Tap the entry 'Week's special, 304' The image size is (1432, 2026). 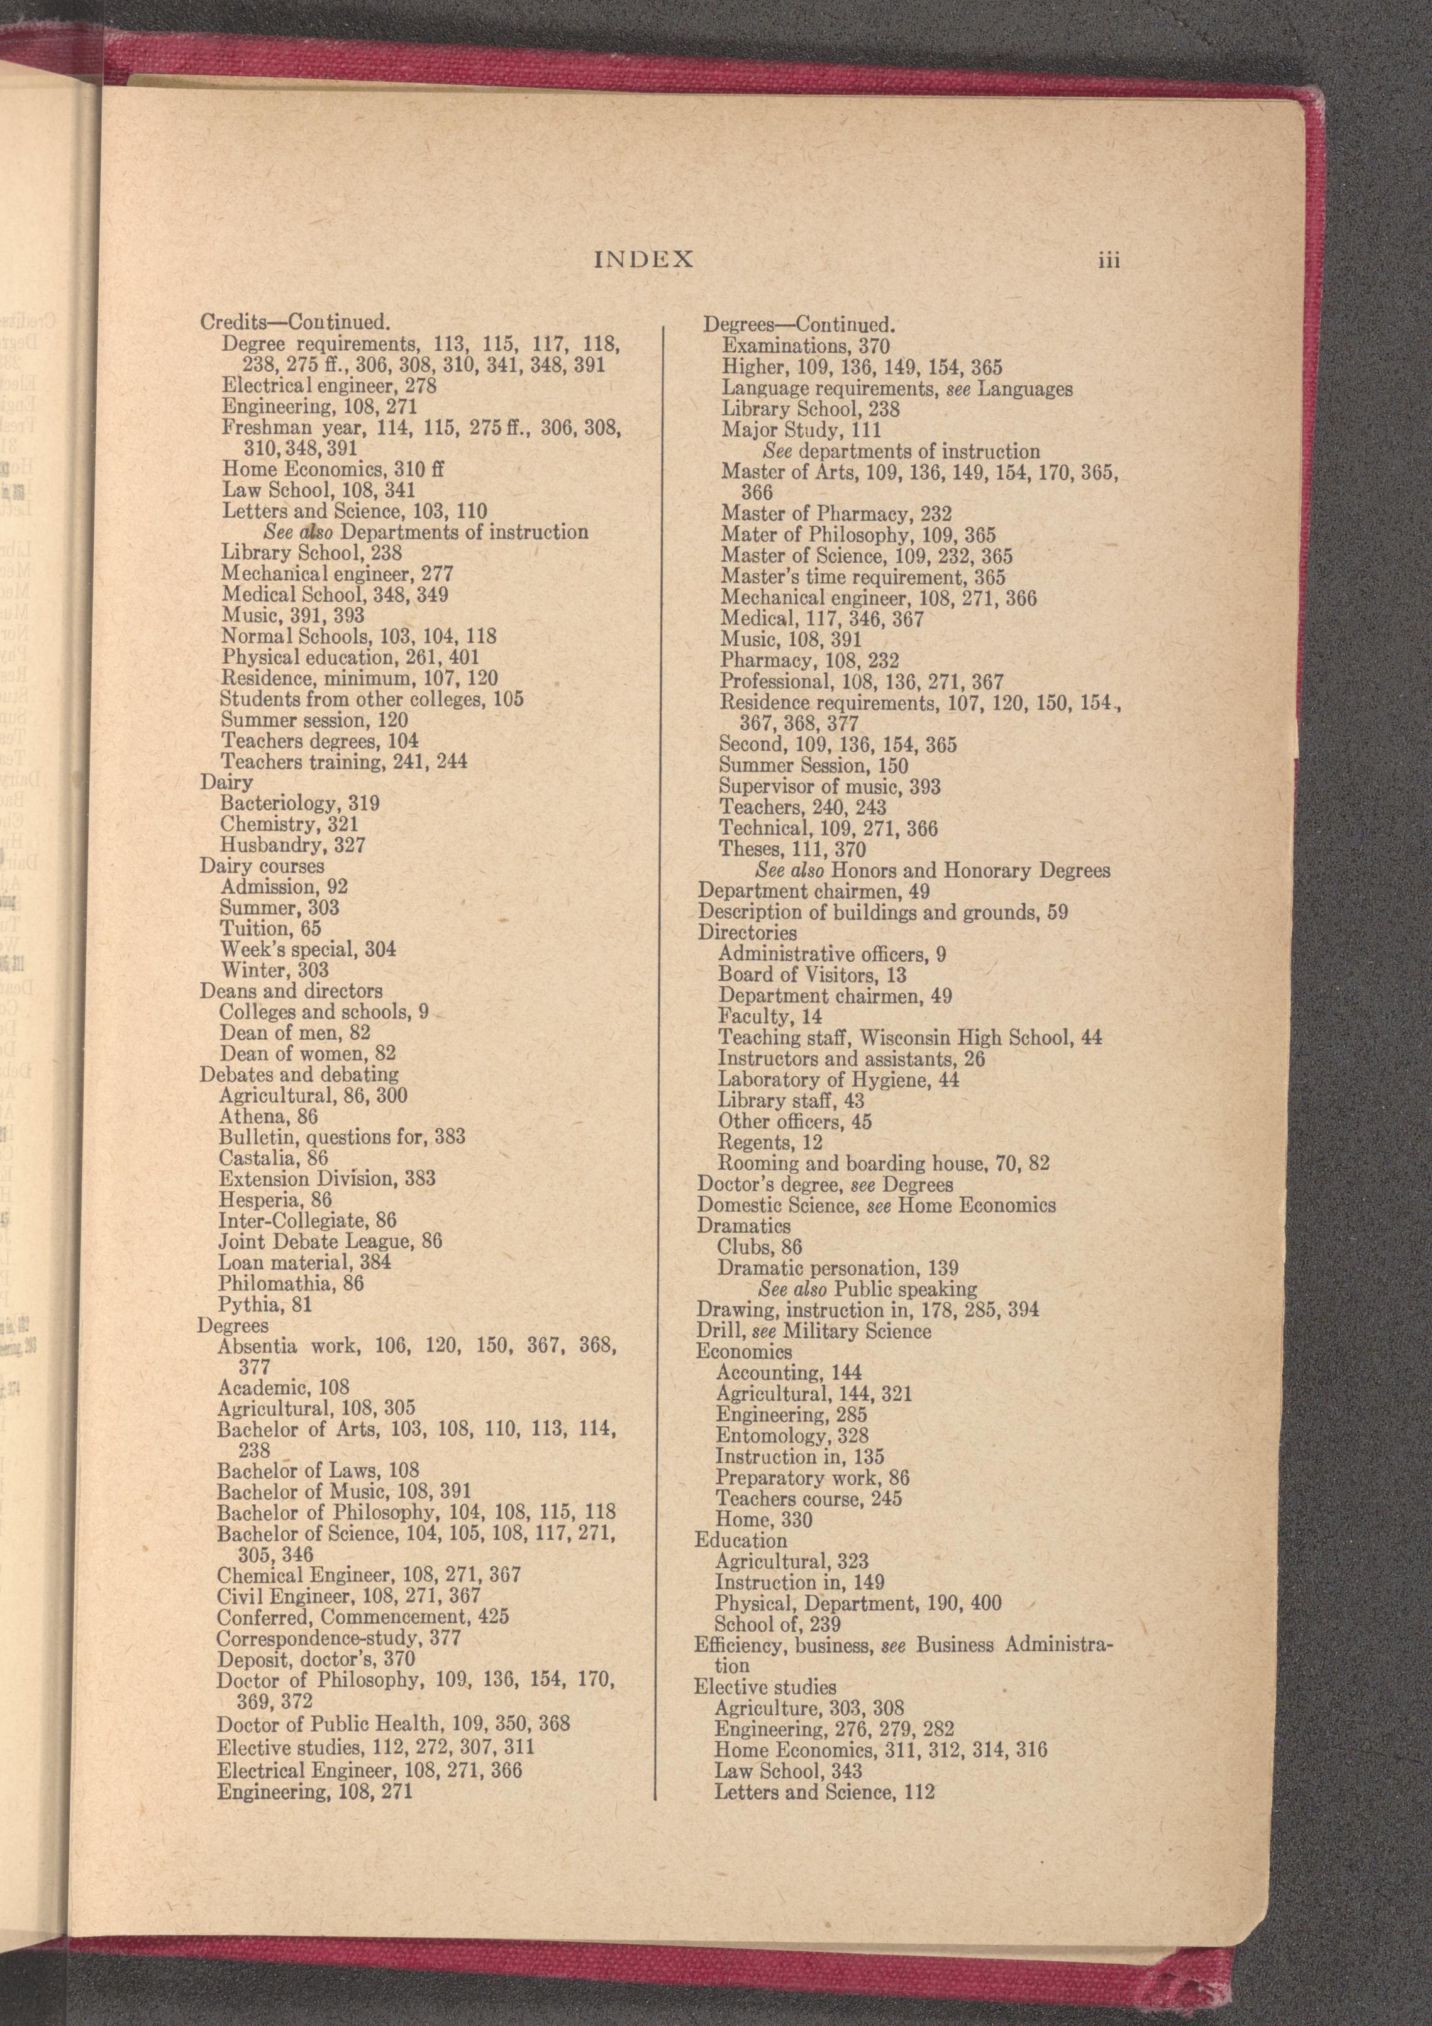(x=308, y=949)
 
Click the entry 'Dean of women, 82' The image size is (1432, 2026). (x=308, y=1054)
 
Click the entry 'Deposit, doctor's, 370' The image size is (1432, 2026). (x=315, y=1659)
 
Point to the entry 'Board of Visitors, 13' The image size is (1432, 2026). (x=811, y=975)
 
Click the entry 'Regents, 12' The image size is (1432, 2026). (x=769, y=1143)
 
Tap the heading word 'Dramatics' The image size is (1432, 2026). (x=743, y=1226)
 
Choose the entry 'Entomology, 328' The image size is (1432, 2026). (x=792, y=1436)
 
